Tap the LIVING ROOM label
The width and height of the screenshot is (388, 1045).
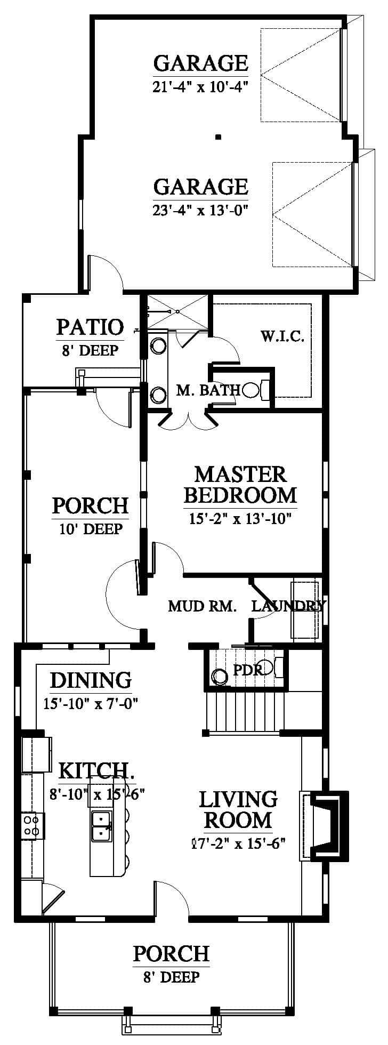pos(238,809)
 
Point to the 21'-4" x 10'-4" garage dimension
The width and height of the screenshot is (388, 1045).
pos(201,86)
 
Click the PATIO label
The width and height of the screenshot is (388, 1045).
pos(90,327)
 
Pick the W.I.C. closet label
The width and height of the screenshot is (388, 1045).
pos(282,336)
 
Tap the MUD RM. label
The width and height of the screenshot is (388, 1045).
pos(202,606)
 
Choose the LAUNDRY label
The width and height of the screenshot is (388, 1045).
pos(288,606)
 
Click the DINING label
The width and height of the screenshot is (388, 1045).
pos(91,680)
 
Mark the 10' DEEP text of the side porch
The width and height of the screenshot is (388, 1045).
pos(90,528)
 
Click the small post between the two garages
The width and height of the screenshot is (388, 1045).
pos(218,137)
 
